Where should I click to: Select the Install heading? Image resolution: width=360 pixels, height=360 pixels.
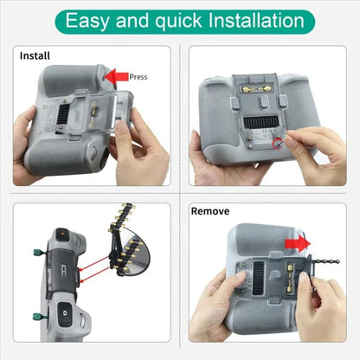(35, 56)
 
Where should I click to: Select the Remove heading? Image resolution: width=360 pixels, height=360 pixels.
(210, 210)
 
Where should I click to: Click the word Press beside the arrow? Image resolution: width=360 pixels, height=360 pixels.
(138, 76)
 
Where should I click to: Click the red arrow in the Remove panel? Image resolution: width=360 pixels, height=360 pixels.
(297, 244)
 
